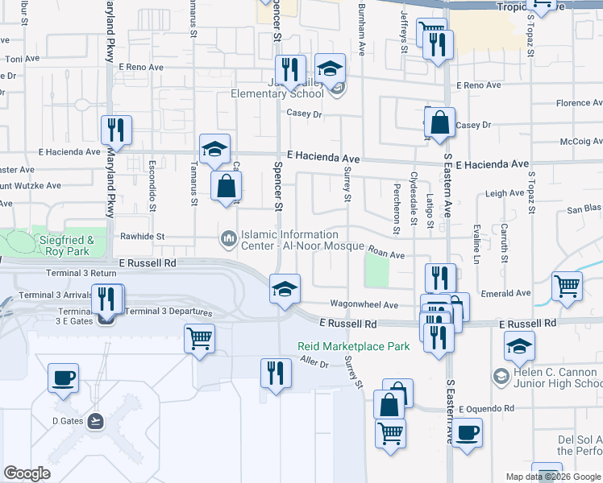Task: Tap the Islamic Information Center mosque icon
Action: click(x=227, y=237)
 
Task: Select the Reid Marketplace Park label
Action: click(x=354, y=346)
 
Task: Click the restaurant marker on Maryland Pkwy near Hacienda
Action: click(x=117, y=130)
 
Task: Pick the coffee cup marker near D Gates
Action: click(x=63, y=377)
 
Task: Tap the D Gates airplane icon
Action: click(x=96, y=420)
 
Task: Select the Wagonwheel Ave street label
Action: click(x=364, y=305)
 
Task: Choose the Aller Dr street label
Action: click(x=314, y=365)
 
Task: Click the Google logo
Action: click(x=27, y=473)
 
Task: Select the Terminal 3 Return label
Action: click(x=81, y=274)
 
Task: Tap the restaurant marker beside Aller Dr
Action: click(x=275, y=374)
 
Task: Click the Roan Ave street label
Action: click(x=385, y=254)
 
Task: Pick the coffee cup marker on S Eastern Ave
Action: click(x=466, y=432)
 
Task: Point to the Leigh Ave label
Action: click(x=505, y=194)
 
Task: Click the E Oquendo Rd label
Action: click(x=486, y=409)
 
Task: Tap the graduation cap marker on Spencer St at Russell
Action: click(x=284, y=289)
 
